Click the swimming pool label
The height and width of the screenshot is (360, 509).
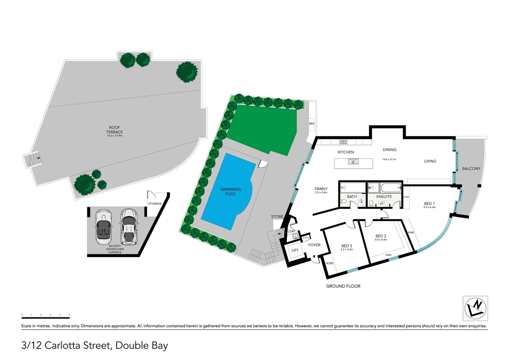230,191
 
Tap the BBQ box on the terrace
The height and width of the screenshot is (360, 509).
311,124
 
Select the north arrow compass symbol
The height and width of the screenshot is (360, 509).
475,308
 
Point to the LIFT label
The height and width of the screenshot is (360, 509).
295,250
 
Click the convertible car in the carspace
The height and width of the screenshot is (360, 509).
103,226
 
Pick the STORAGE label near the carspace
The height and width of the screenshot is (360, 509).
155,204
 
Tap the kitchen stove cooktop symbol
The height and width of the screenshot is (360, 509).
343,142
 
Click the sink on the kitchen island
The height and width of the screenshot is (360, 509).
353,162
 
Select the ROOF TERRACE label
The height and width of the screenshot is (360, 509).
114,130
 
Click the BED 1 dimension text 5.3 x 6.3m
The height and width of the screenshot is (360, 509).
429,207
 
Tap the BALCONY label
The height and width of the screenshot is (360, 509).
471,169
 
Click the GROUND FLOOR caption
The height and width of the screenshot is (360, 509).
343,286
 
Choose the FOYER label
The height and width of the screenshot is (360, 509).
314,245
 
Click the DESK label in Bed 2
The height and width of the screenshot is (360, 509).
388,255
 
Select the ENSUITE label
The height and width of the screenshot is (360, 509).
384,197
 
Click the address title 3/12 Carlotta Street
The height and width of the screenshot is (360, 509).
94,345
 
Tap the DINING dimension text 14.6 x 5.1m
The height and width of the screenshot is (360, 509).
389,159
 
